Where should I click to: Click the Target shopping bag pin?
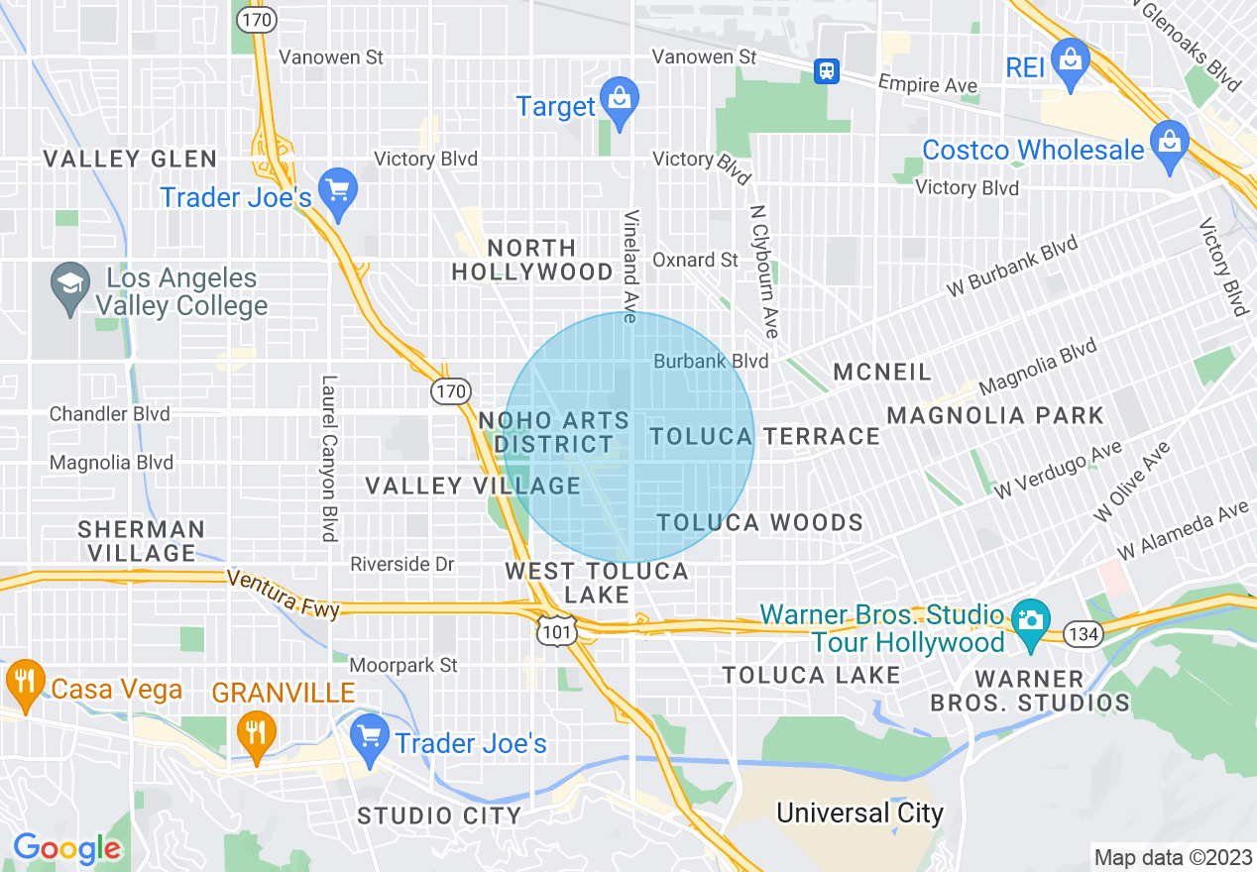[620, 100]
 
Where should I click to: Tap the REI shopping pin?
[1071, 61]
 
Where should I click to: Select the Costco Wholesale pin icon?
[1170, 144]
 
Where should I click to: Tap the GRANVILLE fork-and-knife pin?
[257, 734]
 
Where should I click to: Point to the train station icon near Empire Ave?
[827, 70]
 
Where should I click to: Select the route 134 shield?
[1084, 634]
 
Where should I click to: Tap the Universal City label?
[859, 814]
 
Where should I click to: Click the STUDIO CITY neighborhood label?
[439, 816]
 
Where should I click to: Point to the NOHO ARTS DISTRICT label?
[554, 433]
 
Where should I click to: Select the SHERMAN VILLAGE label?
[142, 541]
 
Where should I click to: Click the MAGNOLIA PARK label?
[995, 415]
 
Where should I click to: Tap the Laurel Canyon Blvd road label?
[330, 458]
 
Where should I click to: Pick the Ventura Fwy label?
[284, 593]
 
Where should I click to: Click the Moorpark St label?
[404, 665]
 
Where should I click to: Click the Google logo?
[66, 849]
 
